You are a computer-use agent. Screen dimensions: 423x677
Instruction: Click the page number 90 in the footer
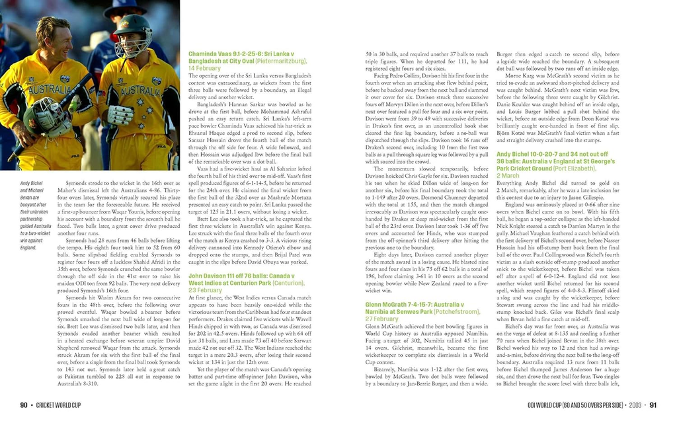[x=23, y=405]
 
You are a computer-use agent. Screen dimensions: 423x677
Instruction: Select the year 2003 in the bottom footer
[x=635, y=405]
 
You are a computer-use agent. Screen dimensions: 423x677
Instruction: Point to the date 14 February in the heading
[x=205, y=68]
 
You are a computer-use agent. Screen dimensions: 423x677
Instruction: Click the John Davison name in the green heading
[x=208, y=276]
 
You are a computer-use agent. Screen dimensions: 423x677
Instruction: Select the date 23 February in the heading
[x=205, y=290]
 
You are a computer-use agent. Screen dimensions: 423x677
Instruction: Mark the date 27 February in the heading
[x=382, y=319]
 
